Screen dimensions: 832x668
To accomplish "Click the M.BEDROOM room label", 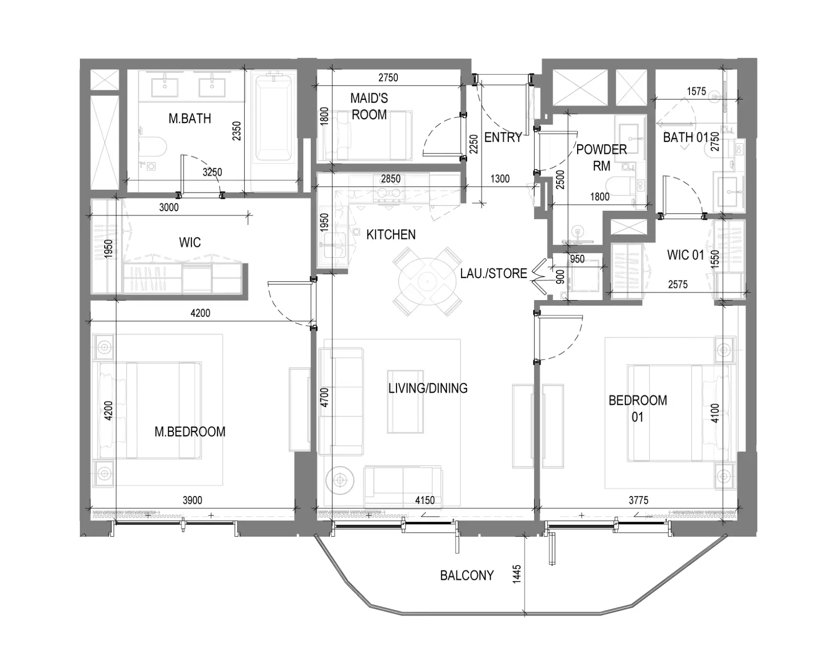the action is click(190, 431).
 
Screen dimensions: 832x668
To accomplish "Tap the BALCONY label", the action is click(467, 575).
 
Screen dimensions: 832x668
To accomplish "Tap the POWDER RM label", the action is click(602, 158).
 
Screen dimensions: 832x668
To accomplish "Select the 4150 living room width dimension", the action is click(425, 500).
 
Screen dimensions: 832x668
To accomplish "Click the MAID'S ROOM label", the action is click(369, 107).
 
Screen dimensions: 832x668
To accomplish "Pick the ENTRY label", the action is click(503, 138).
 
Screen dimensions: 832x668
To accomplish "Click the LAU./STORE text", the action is click(493, 273).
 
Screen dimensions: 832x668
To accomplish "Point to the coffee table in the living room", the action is click(405, 401).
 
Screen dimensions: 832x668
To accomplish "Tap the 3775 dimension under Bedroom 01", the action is click(638, 500).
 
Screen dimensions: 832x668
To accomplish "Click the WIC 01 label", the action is click(685, 255).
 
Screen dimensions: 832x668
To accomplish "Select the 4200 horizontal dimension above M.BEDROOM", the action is click(200, 313).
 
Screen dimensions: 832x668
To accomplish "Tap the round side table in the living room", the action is click(340, 479).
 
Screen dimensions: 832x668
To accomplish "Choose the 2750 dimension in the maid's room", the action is click(388, 77).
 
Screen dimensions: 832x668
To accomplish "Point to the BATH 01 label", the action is click(685, 138).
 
